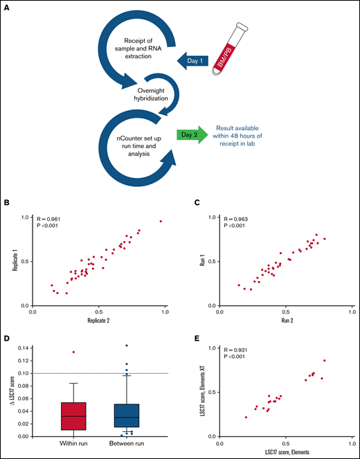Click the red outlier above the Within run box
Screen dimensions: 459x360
(73, 352)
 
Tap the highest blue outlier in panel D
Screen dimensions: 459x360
(127, 345)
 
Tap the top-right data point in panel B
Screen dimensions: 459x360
(161, 222)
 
